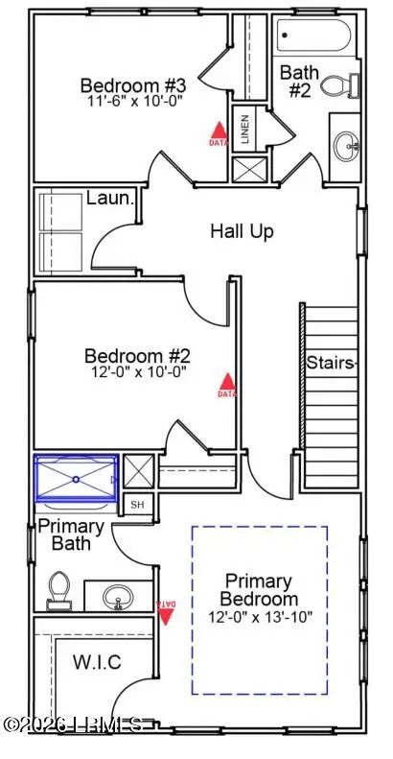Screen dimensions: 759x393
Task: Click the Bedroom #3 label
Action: coord(126,83)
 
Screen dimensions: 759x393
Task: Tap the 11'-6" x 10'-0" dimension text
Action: coord(126,99)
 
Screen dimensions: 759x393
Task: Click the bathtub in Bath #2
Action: coord(317,40)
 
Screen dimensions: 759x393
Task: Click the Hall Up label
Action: coord(243,231)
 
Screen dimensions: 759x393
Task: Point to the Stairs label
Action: coord(332,363)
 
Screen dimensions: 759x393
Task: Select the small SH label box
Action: coord(137,505)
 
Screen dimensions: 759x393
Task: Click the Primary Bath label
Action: coord(71,535)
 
